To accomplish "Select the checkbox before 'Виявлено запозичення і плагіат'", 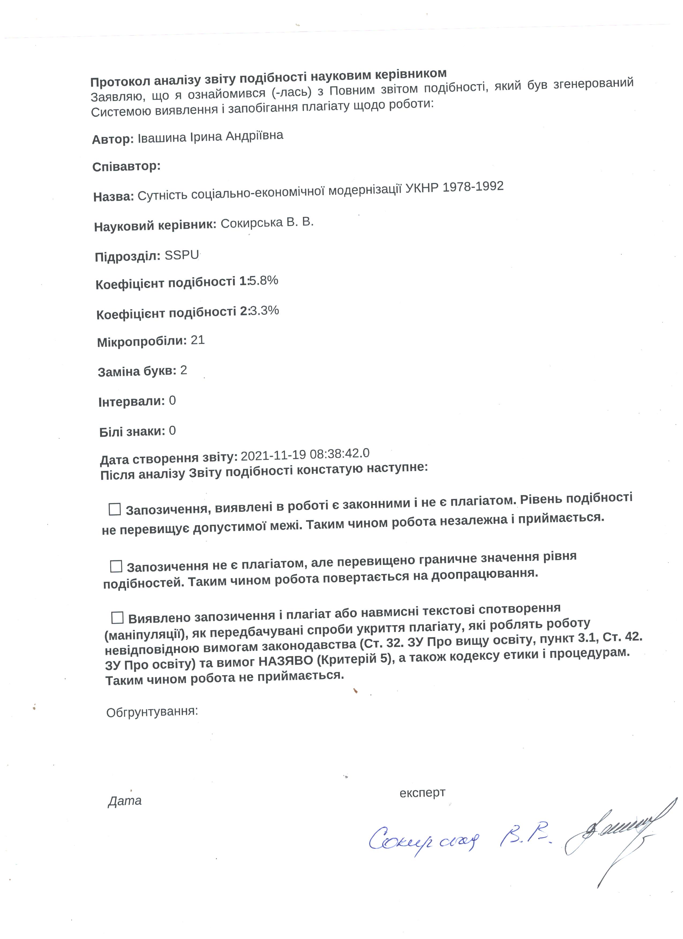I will [118, 618].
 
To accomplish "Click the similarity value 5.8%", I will [264, 281].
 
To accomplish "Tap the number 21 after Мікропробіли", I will [198, 340].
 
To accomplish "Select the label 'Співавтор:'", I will [126, 167].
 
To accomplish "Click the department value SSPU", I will [182, 255].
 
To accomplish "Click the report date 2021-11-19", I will [273, 455].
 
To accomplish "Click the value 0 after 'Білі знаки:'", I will [172, 431].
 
